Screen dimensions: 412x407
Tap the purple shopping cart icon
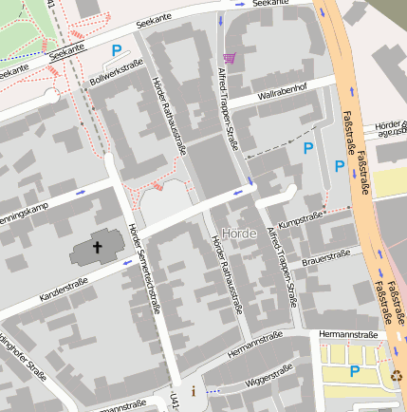[229, 57]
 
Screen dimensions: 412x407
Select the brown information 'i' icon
[194, 390]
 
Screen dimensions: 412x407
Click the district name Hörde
[238, 234]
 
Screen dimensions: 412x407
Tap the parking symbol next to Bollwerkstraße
[117, 50]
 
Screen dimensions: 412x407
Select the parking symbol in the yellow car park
[355, 371]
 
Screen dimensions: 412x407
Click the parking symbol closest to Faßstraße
[340, 166]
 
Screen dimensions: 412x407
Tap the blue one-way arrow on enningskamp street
[81, 192]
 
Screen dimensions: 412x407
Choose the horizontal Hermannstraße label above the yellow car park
[348, 335]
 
